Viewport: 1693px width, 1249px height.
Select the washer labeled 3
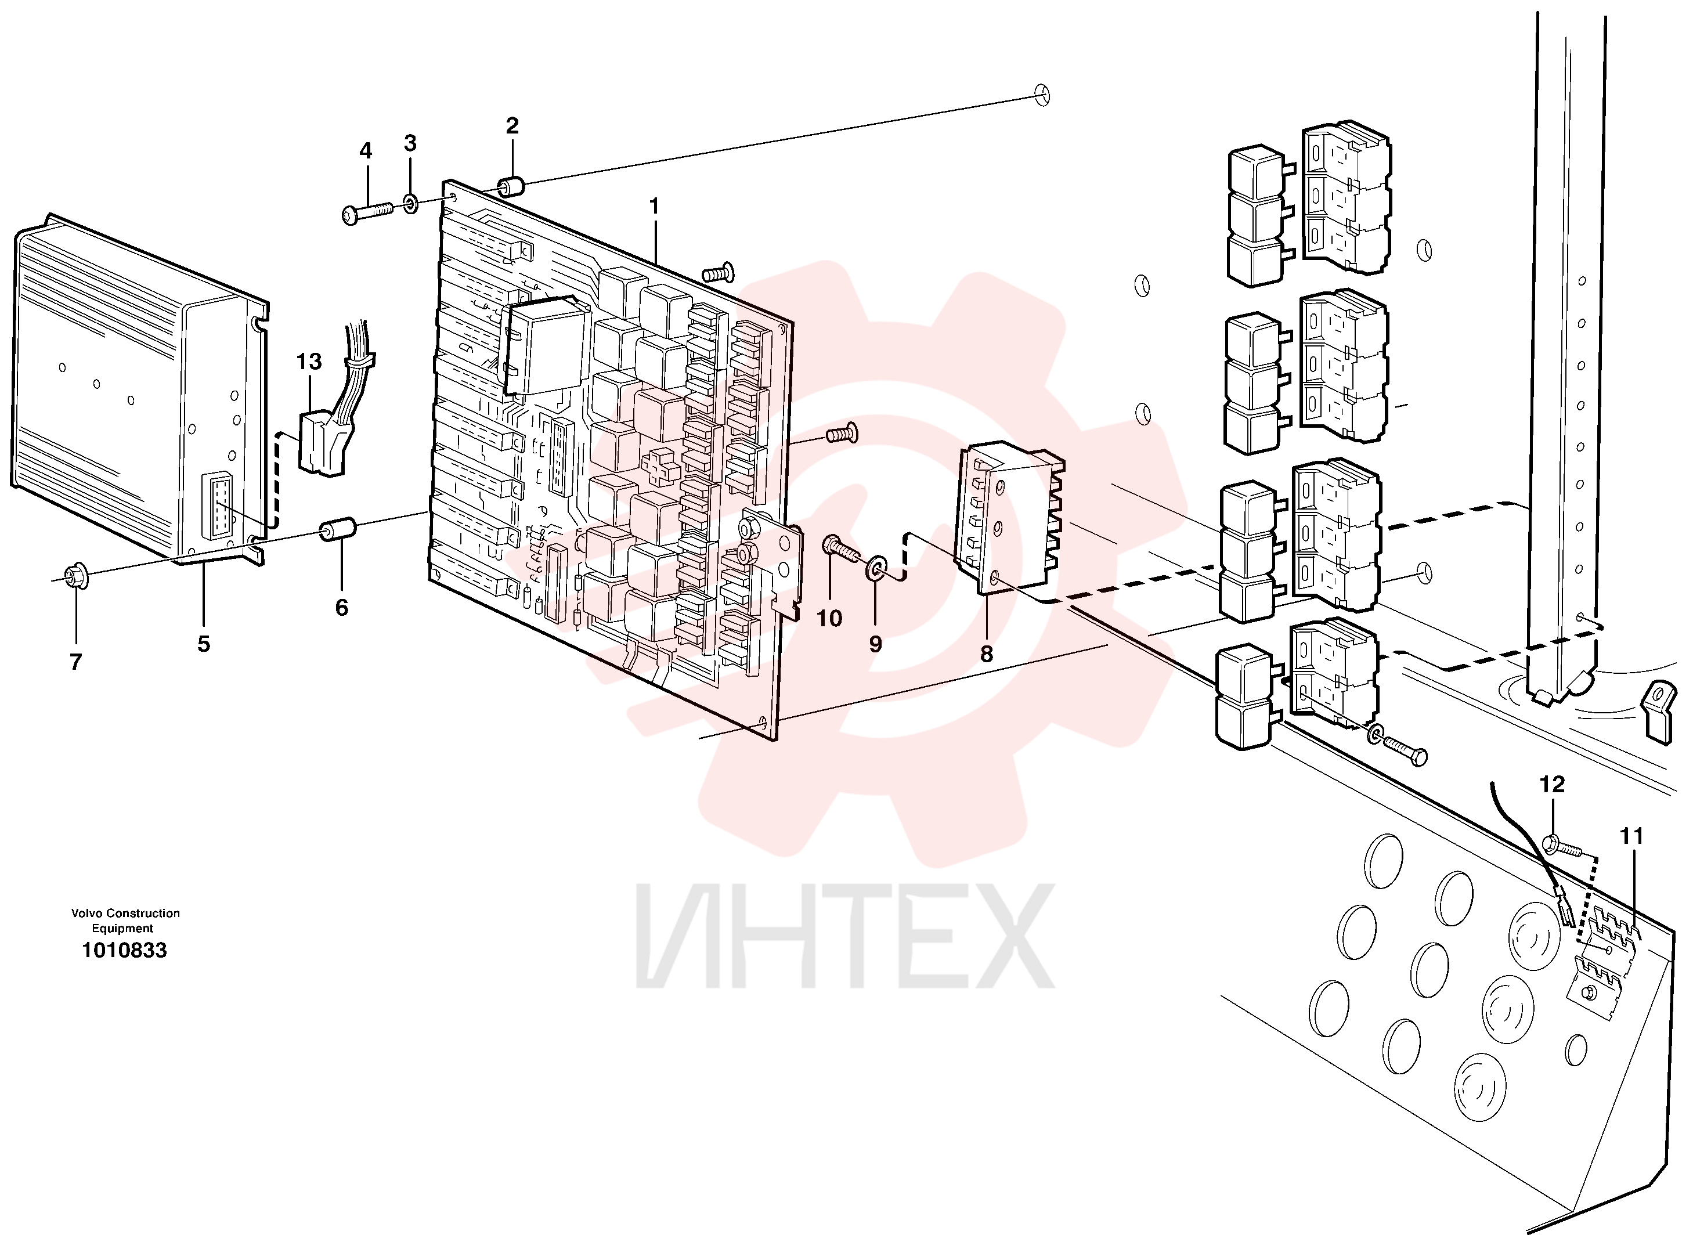tap(410, 203)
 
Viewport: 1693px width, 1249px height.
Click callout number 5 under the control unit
tap(203, 644)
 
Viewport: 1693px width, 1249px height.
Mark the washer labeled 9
tap(877, 568)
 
